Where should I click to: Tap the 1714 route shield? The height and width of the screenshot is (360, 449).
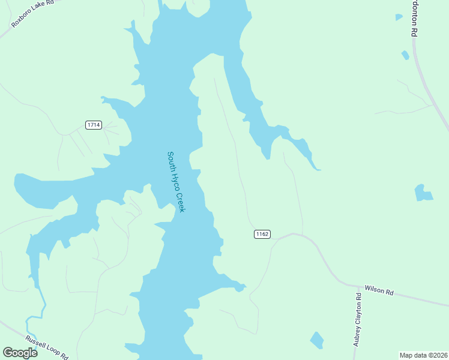point(93,125)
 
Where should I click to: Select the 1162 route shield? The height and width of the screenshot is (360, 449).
point(262,234)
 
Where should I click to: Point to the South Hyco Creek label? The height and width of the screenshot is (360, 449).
point(176,181)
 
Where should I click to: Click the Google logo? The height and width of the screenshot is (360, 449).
point(20,352)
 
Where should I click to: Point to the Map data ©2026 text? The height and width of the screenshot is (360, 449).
point(423,355)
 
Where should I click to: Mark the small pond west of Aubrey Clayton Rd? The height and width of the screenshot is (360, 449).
point(316,340)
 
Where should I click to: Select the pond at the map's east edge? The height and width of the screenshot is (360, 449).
point(423,193)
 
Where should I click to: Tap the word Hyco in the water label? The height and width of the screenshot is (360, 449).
point(176,181)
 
